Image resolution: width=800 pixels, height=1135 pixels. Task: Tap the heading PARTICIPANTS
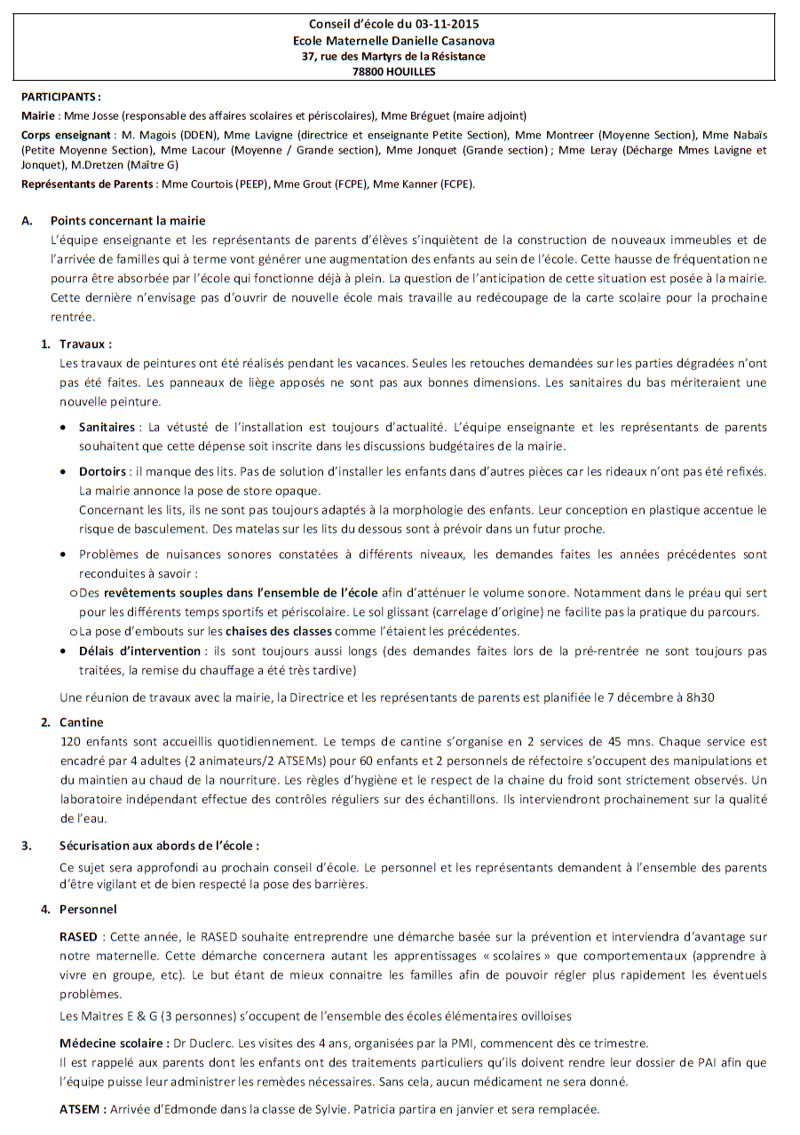pyautogui.click(x=59, y=97)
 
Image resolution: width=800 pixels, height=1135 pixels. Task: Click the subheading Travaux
pyautogui.click(x=84, y=343)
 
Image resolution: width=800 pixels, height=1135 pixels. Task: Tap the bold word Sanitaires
pyautogui.click(x=107, y=427)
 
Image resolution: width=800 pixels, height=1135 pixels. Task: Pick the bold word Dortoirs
pyautogui.click(x=102, y=472)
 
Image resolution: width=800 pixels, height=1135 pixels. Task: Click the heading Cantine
pyautogui.click(x=82, y=722)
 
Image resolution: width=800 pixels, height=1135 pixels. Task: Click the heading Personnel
pyautogui.click(x=88, y=909)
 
